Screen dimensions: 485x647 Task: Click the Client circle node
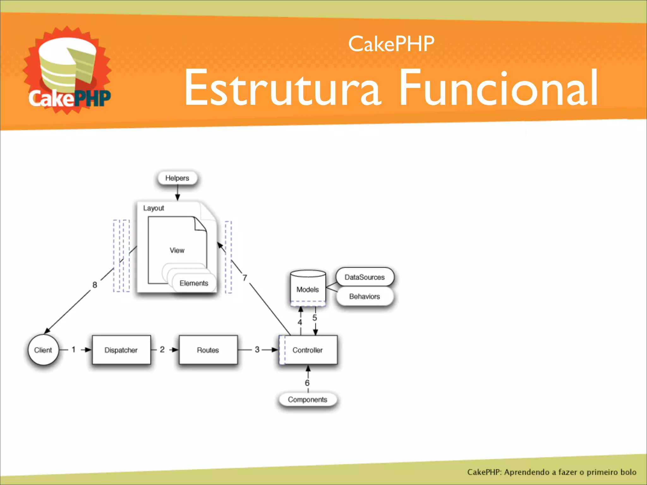[43, 350]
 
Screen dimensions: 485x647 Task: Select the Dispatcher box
[121, 350]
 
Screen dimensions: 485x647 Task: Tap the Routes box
[208, 350]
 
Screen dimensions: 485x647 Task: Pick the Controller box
[308, 350]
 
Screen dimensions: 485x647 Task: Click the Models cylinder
[308, 288]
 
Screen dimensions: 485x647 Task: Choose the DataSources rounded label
[365, 277]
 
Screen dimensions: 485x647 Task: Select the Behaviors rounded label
[365, 296]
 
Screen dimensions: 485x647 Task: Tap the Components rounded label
[307, 399]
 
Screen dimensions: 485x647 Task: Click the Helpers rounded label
[177, 178]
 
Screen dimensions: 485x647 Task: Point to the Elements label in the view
[194, 283]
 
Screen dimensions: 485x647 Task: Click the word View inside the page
[177, 250]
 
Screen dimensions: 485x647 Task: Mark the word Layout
[154, 208]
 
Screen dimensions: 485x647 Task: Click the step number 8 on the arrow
[95, 285]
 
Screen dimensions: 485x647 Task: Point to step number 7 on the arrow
[245, 278]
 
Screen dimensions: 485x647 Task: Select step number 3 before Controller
[257, 349]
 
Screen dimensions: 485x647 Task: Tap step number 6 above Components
[307, 383]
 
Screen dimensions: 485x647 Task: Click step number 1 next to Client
[74, 349]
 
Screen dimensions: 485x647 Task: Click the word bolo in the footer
[628, 472]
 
